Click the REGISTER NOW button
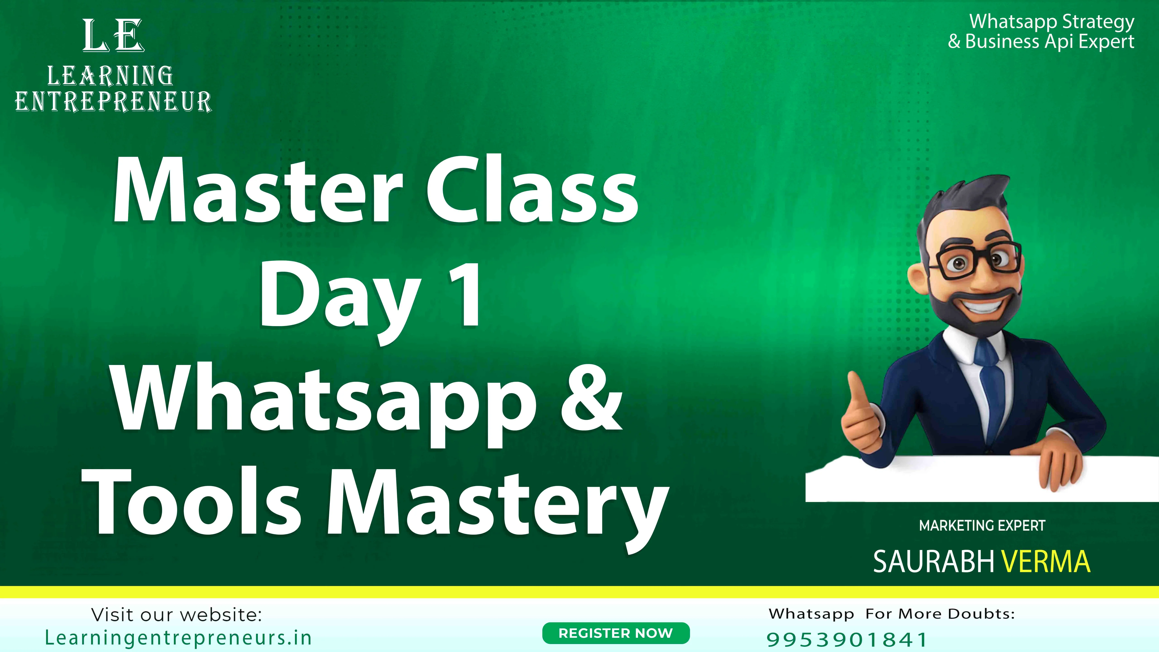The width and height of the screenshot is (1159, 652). [x=615, y=633]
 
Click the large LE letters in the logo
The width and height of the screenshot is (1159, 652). [x=113, y=36]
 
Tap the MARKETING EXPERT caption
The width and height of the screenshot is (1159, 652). [x=982, y=525]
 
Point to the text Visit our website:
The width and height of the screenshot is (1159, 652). [x=176, y=615]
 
